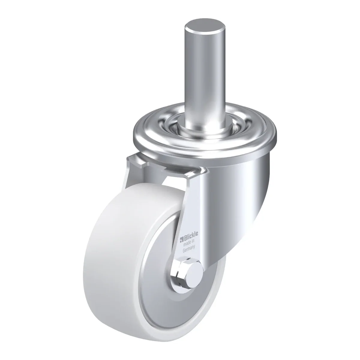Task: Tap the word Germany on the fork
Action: tap(189, 248)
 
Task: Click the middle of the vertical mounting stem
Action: tap(205, 75)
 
